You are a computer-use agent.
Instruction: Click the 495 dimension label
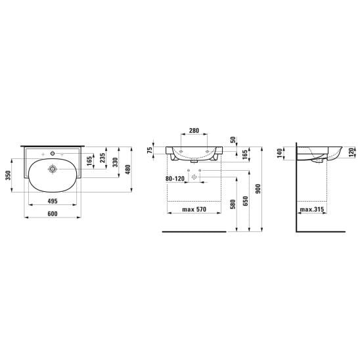(53, 201)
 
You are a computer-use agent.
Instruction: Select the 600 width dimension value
(53, 214)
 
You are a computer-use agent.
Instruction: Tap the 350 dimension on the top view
(9, 175)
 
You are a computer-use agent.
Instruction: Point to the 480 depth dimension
(128, 169)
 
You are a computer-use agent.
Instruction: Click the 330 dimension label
(116, 162)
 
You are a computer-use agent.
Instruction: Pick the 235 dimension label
(102, 158)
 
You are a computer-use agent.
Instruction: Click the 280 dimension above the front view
(194, 131)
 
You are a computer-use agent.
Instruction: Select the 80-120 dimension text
(175, 179)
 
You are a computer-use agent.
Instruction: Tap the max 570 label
(194, 210)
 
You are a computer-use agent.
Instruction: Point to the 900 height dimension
(258, 189)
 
